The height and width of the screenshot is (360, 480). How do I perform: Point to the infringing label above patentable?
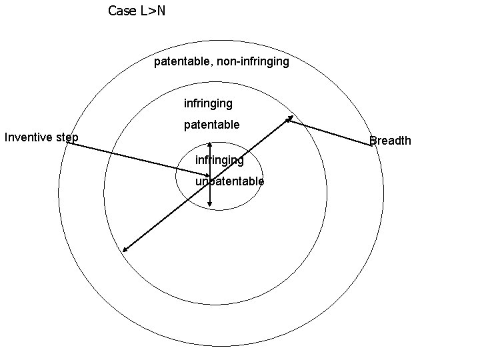208,103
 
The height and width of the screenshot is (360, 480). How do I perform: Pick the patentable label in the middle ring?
211,125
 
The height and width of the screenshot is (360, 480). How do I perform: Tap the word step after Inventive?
67,138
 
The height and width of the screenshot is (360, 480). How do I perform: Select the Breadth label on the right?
391,141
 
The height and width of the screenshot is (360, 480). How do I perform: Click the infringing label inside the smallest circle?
219,160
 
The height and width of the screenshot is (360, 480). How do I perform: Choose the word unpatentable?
230,181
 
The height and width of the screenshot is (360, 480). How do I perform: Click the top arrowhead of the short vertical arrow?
210,143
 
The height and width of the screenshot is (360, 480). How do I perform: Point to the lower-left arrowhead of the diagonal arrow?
125,250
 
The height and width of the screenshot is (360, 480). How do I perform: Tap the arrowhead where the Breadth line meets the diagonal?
289,120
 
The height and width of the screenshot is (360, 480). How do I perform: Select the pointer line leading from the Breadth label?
333,133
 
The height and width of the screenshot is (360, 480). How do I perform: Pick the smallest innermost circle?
176,175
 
